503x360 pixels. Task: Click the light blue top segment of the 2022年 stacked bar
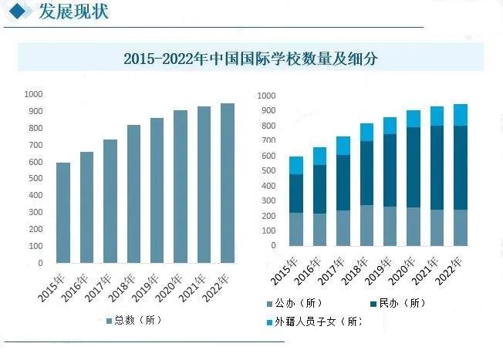461,115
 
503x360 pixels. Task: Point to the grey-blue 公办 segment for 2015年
296,229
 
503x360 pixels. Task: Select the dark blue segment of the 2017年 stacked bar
343,183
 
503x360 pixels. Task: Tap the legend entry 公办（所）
297,303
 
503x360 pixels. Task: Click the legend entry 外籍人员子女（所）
316,321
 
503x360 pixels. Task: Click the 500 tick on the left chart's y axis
35,179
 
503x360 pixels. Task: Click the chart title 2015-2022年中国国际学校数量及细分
251,59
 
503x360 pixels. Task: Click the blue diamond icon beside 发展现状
17,12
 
